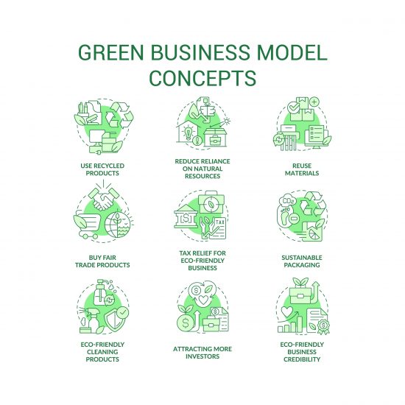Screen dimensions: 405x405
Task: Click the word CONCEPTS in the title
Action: click(202, 77)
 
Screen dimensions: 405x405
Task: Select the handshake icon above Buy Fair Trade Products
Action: click(104, 198)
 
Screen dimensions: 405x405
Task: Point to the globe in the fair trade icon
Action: click(118, 225)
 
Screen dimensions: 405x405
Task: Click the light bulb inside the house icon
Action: click(188, 132)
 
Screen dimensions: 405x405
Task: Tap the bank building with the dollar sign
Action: click(186, 216)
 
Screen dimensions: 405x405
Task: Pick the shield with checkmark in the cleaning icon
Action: click(118, 319)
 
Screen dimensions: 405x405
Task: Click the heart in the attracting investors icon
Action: click(203, 300)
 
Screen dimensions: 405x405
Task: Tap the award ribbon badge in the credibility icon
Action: click(323, 326)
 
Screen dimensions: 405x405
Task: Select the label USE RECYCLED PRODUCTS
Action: click(102, 169)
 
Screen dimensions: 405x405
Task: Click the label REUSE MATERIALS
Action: click(302, 169)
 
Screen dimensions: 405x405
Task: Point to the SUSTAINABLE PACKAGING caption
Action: click(302, 261)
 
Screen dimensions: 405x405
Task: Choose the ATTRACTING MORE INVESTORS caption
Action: click(202, 353)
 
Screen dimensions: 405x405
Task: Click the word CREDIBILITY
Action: click(302, 359)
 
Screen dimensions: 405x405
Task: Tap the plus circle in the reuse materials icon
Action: click(314, 102)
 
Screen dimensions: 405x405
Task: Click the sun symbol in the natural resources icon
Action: click(227, 121)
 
